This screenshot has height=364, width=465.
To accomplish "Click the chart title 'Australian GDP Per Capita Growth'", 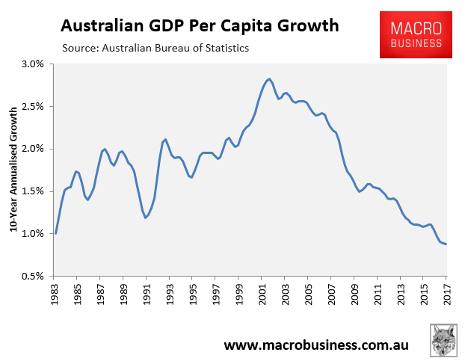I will [200, 26].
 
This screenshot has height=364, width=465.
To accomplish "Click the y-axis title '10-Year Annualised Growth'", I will [13, 170].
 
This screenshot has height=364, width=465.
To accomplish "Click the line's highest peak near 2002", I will [268, 78].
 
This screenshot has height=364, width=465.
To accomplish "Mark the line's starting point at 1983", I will [55, 233].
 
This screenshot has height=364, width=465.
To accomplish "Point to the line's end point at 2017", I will [446, 244].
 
